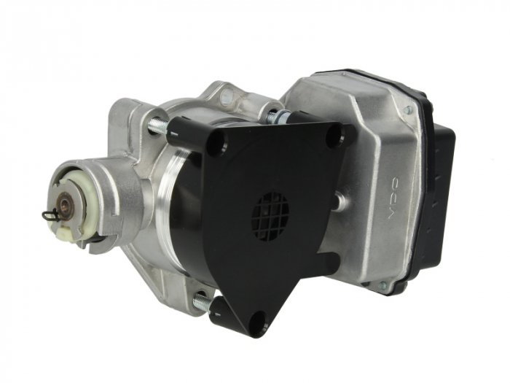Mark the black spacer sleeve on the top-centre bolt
click(x=299, y=117)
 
